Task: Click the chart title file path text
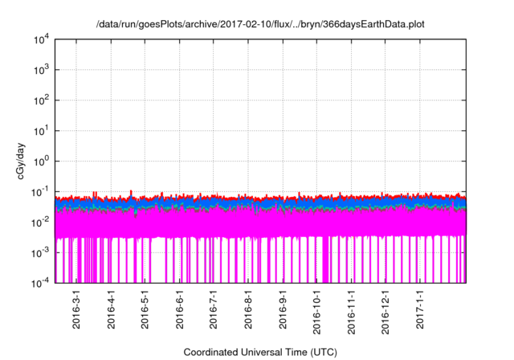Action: pyautogui.click(x=256, y=25)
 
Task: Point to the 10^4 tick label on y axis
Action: pyautogui.click(x=43, y=39)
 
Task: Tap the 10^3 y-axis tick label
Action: pyautogui.click(x=43, y=70)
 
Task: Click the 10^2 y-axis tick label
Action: pyautogui.click(x=43, y=100)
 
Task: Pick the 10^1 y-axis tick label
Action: pyautogui.click(x=43, y=130)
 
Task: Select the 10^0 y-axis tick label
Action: pyautogui.click(x=43, y=161)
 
